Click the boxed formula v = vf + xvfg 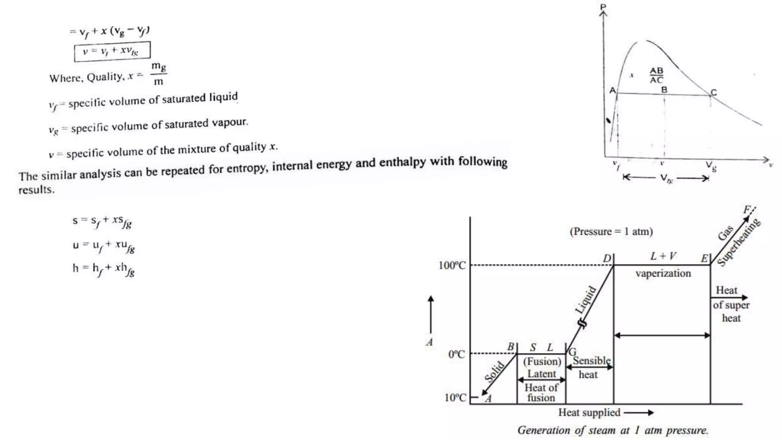point(112,51)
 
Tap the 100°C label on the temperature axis point(452,265)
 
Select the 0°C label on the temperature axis point(457,354)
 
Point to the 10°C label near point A point(455,398)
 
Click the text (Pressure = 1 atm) point(611,231)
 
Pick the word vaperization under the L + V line point(663,273)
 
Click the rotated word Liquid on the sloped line point(585,300)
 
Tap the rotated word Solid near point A point(495,371)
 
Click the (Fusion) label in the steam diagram point(542,361)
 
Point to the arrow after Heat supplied point(638,412)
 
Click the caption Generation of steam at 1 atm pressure point(612,430)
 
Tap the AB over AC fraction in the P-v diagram point(656,75)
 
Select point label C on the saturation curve point(714,92)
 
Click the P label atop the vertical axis point(603,6)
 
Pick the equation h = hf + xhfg point(103,269)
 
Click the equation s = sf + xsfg point(102,221)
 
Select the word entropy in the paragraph point(248,168)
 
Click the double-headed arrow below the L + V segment point(662,335)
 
